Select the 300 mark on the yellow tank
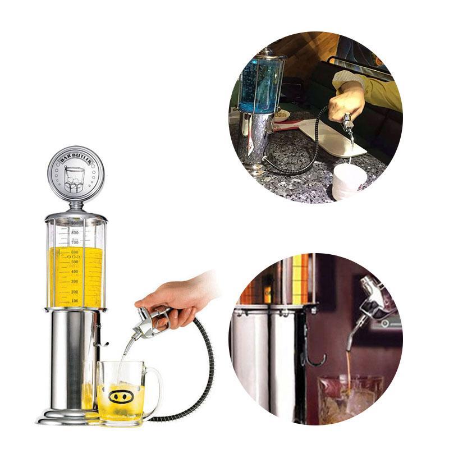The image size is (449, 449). click(x=74, y=281)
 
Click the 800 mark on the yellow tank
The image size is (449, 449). click(x=74, y=232)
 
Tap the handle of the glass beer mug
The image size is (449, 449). click(x=154, y=388)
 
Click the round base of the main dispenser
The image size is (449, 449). click(x=67, y=418)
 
